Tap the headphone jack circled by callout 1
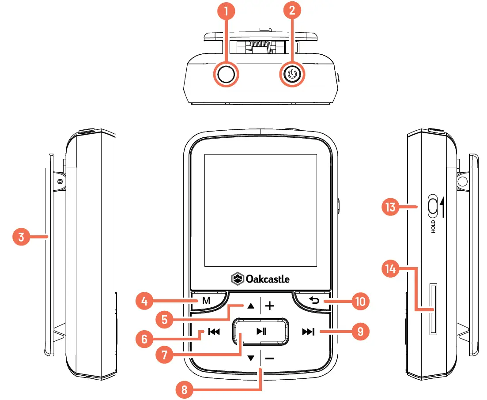(227, 75)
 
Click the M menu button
(206, 301)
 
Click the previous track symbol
(214, 332)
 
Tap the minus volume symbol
(270, 358)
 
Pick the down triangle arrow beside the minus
(251, 358)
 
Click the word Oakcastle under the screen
(268, 279)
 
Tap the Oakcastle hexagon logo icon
(237, 279)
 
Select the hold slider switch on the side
(432, 206)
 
